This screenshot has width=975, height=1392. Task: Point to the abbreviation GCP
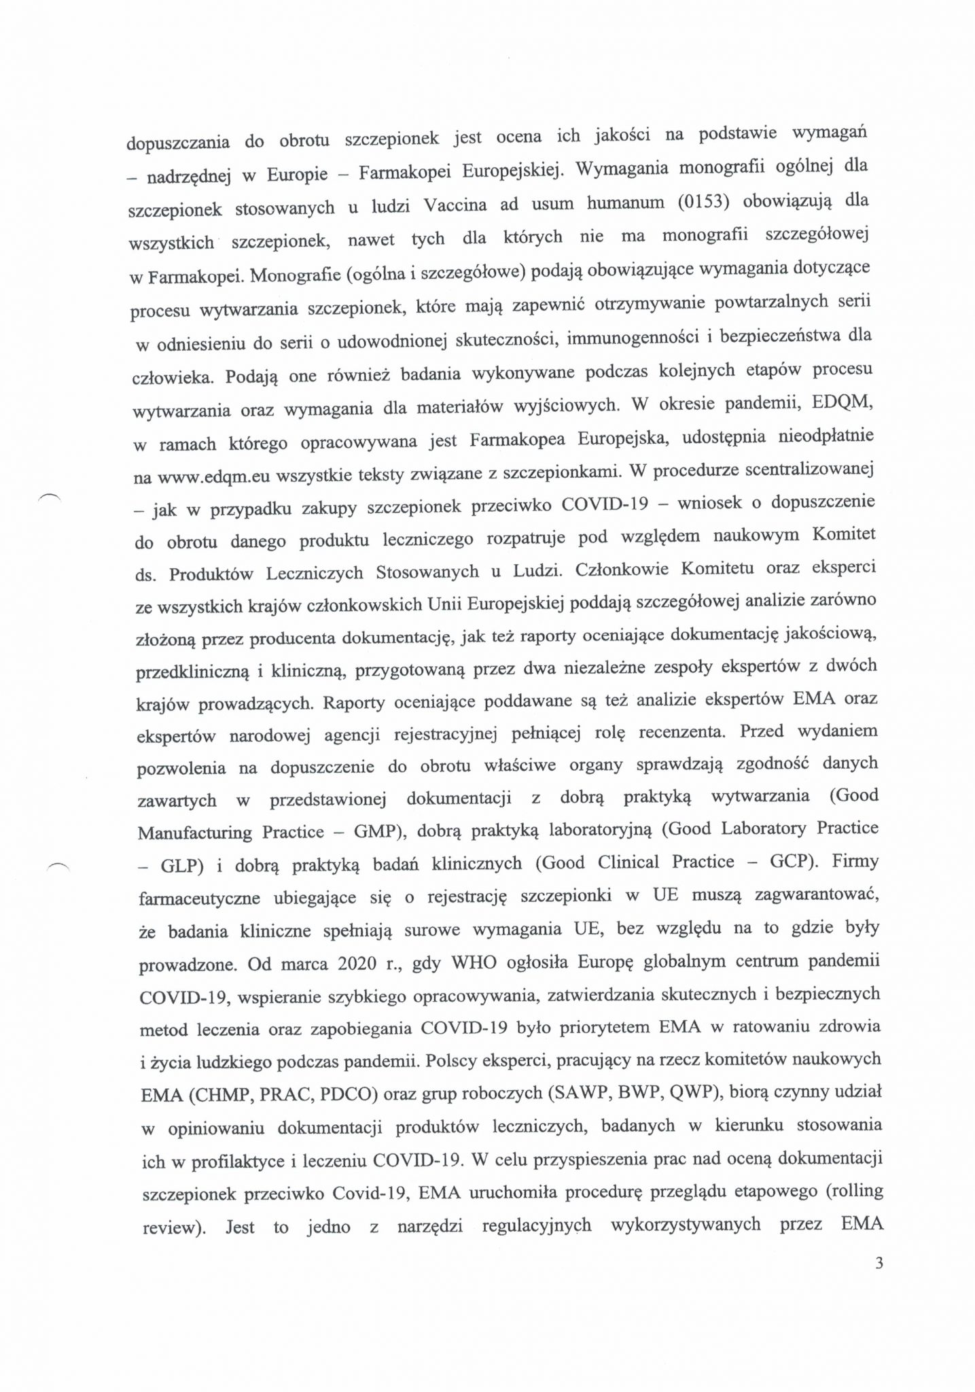coord(794,861)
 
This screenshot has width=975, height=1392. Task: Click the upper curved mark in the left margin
coord(50,496)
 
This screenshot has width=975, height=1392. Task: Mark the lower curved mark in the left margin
coord(57,865)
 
